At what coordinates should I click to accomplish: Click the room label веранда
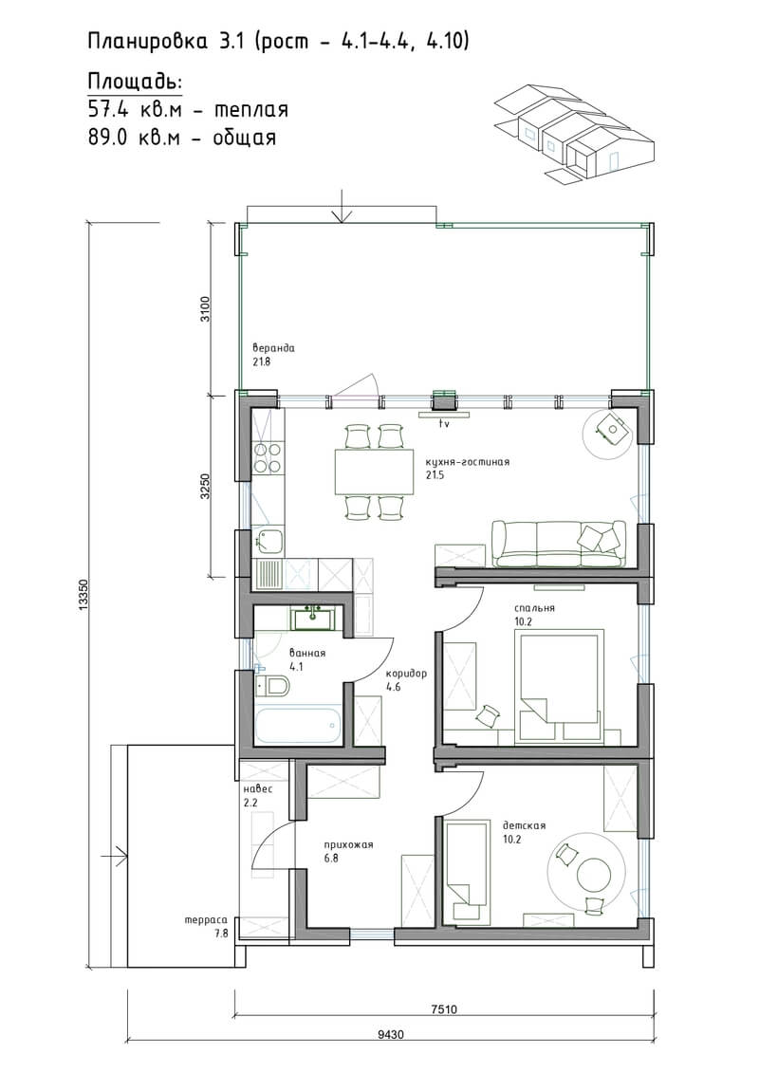[x=273, y=347]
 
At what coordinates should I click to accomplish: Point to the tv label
[x=443, y=424]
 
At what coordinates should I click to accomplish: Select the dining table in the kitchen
[x=375, y=471]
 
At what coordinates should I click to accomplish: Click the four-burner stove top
[x=267, y=458]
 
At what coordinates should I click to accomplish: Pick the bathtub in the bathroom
[x=298, y=726]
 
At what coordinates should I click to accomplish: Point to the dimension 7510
[x=444, y=1008]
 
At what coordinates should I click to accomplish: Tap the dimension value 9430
[x=390, y=1035]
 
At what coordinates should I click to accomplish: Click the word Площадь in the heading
[x=135, y=83]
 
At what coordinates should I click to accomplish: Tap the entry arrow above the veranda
[x=341, y=207]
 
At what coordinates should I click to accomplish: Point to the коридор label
[x=406, y=674]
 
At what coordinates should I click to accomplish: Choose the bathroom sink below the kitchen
[x=313, y=618]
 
